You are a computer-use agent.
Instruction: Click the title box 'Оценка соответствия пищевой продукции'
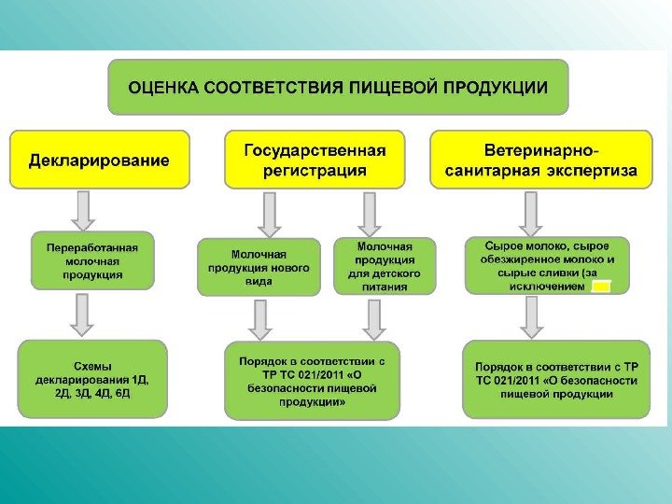click(338, 87)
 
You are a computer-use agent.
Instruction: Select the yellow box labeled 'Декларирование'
click(100, 160)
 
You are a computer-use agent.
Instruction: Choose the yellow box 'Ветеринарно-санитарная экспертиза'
click(541, 160)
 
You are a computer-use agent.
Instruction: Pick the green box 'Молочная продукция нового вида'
click(258, 267)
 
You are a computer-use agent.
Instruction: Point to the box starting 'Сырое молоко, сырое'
click(547, 266)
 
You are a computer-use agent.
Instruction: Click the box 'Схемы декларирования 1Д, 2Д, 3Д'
click(91, 379)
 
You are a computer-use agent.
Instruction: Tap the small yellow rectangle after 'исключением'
click(601, 287)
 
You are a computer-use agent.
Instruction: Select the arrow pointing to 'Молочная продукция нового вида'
click(270, 216)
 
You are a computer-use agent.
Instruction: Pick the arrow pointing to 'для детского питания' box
click(370, 214)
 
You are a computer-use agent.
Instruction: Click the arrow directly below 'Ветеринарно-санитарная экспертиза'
click(531, 214)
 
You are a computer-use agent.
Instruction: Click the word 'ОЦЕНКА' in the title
click(163, 88)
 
